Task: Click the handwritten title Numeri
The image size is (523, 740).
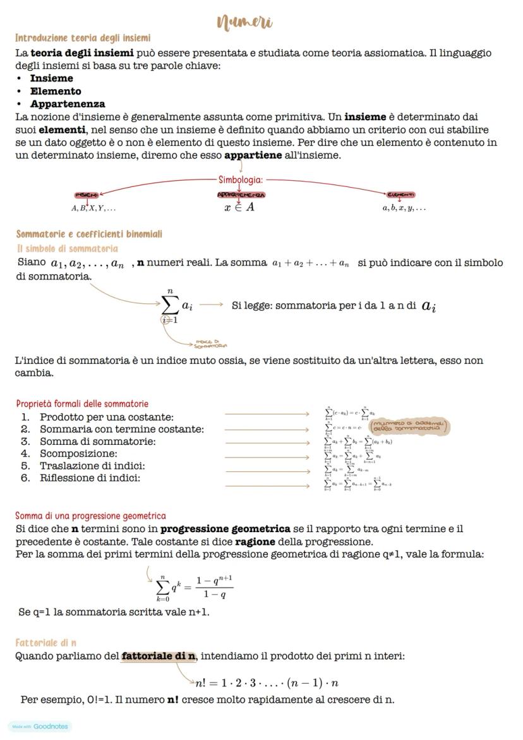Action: coord(245,23)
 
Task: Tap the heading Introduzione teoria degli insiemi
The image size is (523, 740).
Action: coord(83,38)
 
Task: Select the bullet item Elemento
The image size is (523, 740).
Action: coord(56,91)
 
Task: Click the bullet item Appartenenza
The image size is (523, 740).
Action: coord(68,104)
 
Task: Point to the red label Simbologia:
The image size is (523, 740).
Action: coord(240,179)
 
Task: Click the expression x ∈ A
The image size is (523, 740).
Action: coord(239,207)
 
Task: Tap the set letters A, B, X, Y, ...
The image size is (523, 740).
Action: coord(93,208)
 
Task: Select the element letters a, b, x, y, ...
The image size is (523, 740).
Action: coord(404,208)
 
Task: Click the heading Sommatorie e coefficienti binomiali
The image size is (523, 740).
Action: coord(89,234)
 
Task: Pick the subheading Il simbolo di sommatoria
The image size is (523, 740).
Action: coord(67,248)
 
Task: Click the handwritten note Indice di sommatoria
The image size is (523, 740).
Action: coord(210,344)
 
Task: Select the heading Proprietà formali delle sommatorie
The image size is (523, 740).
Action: coord(82,403)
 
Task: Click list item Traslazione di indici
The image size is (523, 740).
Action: coord(92,466)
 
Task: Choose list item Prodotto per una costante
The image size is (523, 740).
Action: coord(106,417)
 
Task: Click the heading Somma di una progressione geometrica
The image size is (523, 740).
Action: coord(90,516)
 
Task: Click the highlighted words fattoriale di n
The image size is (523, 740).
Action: coord(159,656)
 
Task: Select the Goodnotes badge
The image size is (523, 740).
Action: coord(40,726)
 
